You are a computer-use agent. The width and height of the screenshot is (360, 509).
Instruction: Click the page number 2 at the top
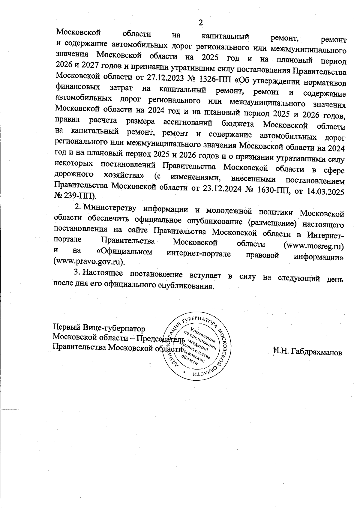coord(201,22)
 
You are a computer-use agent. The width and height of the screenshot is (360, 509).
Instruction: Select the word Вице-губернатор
coord(114,327)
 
